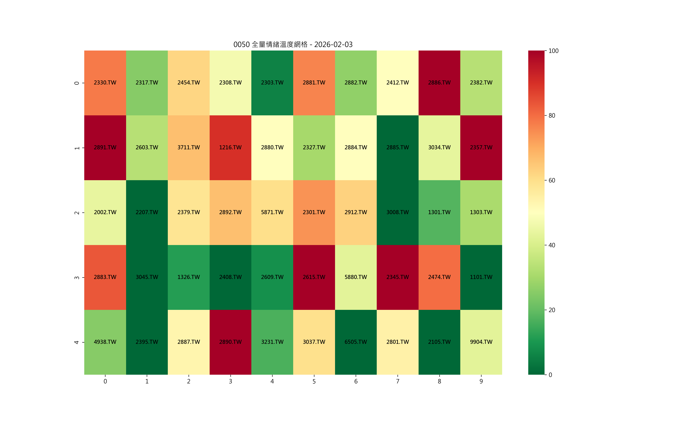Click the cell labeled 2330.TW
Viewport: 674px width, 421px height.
pyautogui.click(x=105, y=83)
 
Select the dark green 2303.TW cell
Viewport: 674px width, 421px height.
pyautogui.click(x=272, y=83)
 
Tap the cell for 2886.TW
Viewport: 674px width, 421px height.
pyautogui.click(x=439, y=83)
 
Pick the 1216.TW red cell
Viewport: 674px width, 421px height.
pyautogui.click(x=230, y=148)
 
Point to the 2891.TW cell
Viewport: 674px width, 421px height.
pyautogui.click(x=105, y=148)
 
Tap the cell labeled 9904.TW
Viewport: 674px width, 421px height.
pyautogui.click(x=481, y=342)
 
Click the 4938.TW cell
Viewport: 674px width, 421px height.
pyautogui.click(x=105, y=342)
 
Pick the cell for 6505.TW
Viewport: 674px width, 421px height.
pyautogui.click(x=356, y=342)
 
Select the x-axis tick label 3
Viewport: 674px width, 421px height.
pyautogui.click(x=230, y=381)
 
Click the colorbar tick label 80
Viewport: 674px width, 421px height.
pyautogui.click(x=552, y=115)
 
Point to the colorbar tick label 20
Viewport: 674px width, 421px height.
pyautogui.click(x=552, y=310)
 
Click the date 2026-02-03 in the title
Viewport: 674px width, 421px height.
pyautogui.click(x=333, y=44)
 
